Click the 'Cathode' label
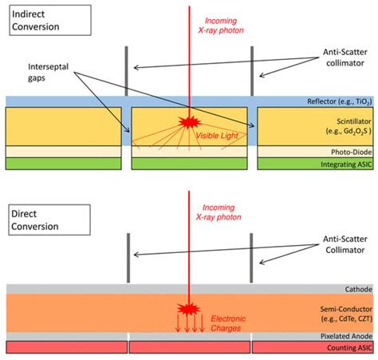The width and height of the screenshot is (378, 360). coord(357,290)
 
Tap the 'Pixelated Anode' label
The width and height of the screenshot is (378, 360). coord(346,338)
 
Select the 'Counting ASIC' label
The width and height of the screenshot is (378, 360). coord(348,349)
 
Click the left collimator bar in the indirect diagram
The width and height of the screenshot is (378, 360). coord(126,73)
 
